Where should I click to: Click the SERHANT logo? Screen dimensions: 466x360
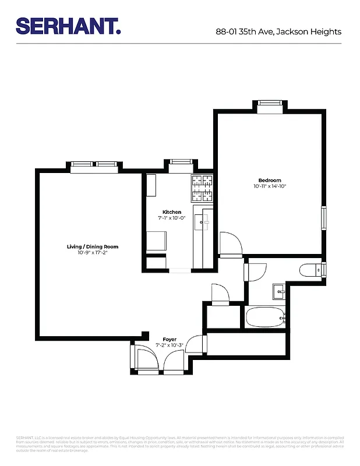(x=68, y=26)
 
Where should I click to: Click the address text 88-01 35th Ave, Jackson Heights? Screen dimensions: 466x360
(x=278, y=32)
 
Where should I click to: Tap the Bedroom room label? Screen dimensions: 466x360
(x=270, y=180)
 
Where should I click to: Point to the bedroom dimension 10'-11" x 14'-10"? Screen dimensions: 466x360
(x=270, y=186)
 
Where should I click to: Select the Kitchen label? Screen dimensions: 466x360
(x=171, y=212)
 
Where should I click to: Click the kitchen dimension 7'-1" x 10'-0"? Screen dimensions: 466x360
(x=171, y=218)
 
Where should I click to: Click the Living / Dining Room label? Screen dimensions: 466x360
(x=93, y=247)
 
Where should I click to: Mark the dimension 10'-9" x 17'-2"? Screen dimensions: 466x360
(x=93, y=253)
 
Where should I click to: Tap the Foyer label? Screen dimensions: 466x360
(x=169, y=338)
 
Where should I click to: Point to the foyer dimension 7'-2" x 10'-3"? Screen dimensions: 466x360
(x=169, y=345)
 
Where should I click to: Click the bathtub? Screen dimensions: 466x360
(x=265, y=318)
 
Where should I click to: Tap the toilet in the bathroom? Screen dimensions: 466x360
(x=310, y=270)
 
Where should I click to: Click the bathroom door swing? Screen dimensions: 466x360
(x=255, y=271)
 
